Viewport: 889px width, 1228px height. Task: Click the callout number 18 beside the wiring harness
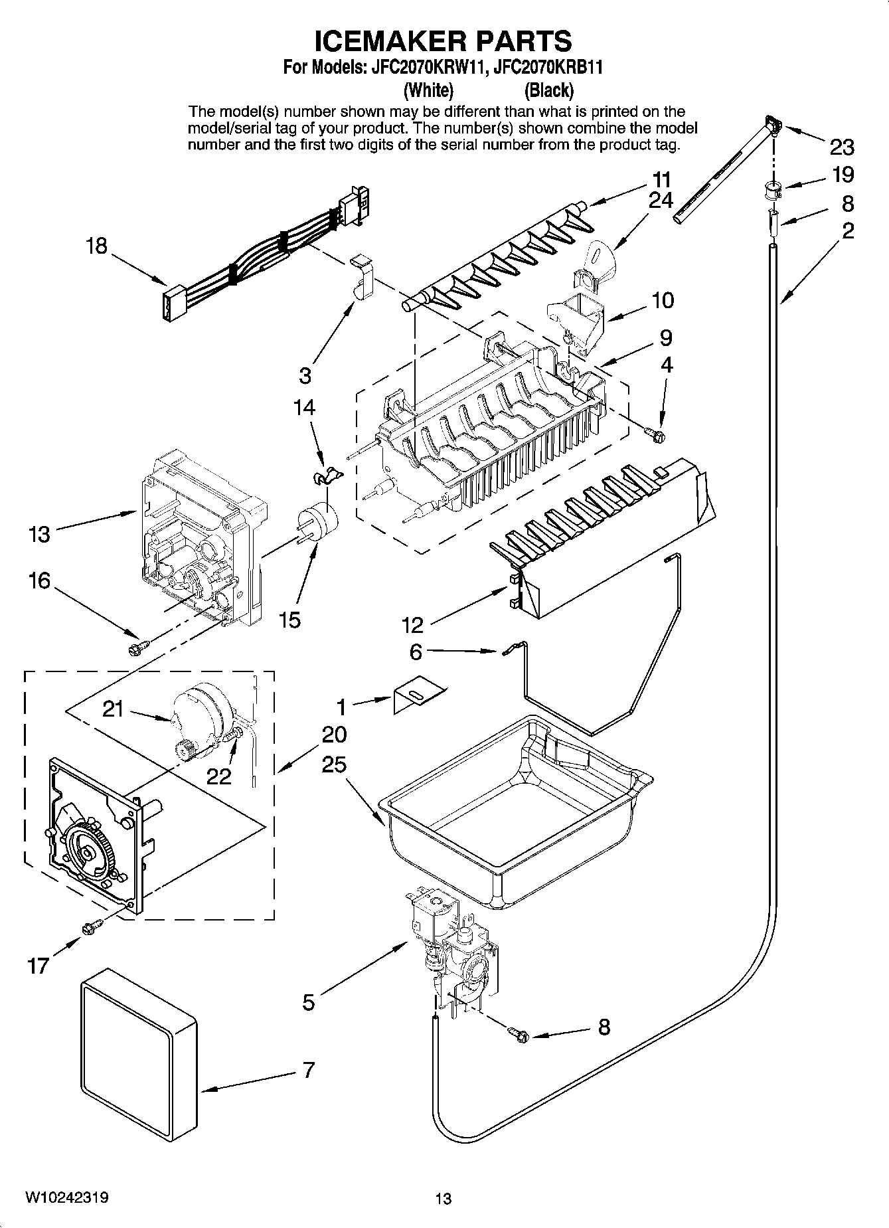click(x=96, y=246)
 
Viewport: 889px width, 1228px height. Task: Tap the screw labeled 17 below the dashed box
click(x=92, y=925)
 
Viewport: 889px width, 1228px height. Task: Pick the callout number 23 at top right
click(x=842, y=147)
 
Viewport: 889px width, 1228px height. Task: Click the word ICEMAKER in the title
click(x=379, y=41)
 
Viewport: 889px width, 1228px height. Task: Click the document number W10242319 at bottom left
click(x=67, y=1197)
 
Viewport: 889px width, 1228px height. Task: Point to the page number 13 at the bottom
click(x=444, y=1199)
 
